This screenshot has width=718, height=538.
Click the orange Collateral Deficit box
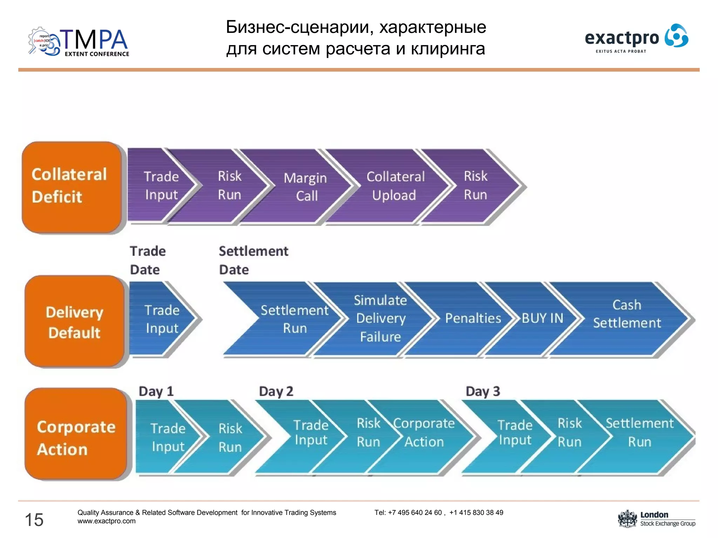tap(72, 186)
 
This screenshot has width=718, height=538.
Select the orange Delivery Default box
tap(74, 322)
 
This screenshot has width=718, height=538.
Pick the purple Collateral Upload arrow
tap(395, 186)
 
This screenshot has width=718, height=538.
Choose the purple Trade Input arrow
tap(161, 186)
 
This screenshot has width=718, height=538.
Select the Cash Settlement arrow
tap(627, 314)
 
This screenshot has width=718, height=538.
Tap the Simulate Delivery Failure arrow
tap(380, 318)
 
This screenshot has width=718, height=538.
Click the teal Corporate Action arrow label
tap(424, 433)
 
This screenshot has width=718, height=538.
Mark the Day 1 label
tap(156, 391)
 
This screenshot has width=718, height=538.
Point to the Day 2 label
tap(276, 391)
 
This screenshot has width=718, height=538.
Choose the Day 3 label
tap(483, 391)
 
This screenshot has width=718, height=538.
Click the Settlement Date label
tap(253, 260)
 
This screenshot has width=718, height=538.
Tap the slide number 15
tap(34, 519)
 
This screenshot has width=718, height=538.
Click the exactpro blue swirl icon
tap(676, 35)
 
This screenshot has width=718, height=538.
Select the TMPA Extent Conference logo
tap(79, 42)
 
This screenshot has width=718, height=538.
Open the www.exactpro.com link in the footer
tap(107, 521)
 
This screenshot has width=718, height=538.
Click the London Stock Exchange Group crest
tap(627, 519)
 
